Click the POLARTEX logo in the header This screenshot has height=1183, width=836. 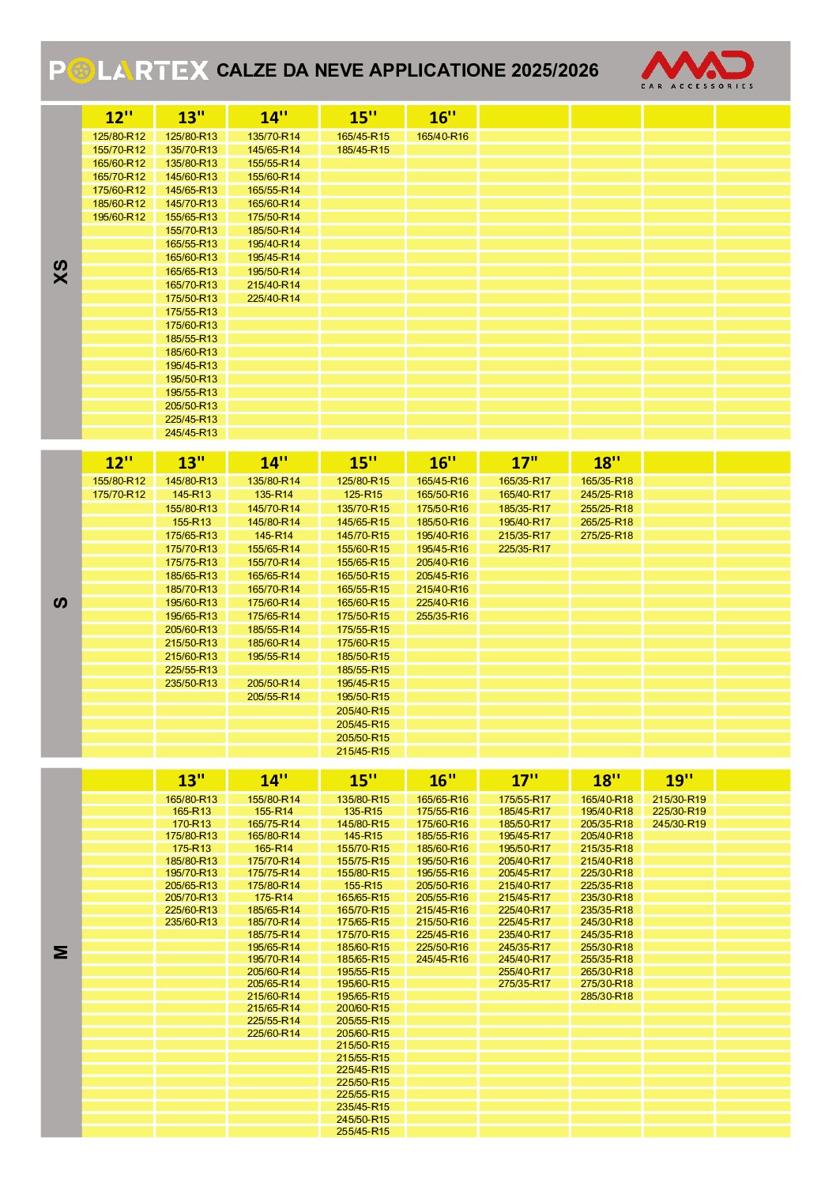tap(129, 71)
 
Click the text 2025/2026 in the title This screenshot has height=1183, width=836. tap(555, 71)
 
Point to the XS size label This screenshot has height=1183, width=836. tap(61, 272)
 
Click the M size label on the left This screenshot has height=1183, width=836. tap(61, 952)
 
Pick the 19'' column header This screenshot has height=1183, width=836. tap(679, 781)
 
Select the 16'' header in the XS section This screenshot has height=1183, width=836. tap(442, 118)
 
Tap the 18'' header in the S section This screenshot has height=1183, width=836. tap(606, 463)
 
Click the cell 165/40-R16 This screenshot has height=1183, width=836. tap(442, 137)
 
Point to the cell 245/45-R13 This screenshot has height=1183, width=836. tap(191, 433)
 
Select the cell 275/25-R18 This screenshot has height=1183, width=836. tap(606, 536)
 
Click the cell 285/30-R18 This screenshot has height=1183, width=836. tap(606, 997)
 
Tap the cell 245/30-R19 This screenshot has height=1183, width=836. tap(679, 824)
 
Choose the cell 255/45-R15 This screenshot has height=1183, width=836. tap(363, 1132)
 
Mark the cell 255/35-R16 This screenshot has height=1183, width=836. tap(442, 616)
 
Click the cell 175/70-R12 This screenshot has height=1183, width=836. tap(119, 495)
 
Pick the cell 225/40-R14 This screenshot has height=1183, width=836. tap(273, 299)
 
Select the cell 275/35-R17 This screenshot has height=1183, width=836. tap(524, 984)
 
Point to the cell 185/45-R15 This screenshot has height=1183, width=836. tap(363, 150)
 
